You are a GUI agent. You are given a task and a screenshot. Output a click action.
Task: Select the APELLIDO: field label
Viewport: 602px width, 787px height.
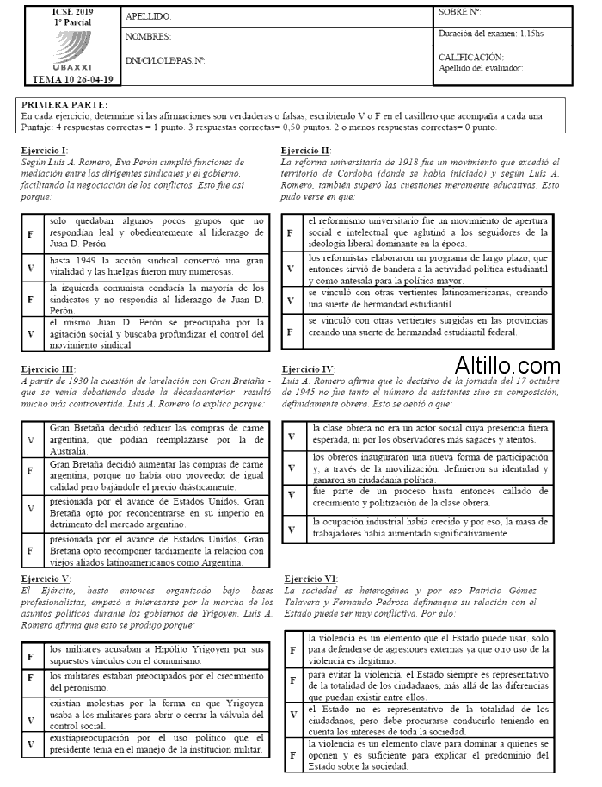(x=149, y=16)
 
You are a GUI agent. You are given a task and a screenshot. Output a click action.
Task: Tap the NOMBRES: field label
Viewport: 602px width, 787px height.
(x=148, y=37)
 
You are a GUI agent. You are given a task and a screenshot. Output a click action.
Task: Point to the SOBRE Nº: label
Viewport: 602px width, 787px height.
(x=459, y=12)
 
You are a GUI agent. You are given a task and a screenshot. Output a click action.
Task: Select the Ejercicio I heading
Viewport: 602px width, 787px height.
(x=46, y=150)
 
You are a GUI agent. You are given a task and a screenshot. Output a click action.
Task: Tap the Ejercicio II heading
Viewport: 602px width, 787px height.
(x=305, y=150)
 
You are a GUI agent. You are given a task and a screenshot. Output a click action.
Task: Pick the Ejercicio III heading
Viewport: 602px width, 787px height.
(x=48, y=369)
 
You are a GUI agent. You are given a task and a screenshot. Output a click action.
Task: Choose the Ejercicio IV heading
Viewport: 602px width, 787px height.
(x=308, y=369)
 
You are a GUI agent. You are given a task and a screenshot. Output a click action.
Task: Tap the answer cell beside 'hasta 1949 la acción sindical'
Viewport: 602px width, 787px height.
(x=31, y=267)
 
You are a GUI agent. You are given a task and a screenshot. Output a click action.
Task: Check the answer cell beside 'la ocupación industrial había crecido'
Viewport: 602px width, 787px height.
(x=292, y=528)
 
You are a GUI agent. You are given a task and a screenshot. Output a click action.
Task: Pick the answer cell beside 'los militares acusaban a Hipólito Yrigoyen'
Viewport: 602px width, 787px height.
(x=31, y=656)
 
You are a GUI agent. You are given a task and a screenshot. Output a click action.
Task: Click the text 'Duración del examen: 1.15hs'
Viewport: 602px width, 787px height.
(x=490, y=34)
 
